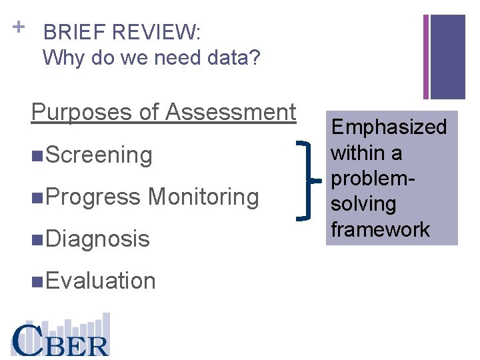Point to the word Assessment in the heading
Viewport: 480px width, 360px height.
[231, 112]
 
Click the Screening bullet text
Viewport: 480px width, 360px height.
[99, 155]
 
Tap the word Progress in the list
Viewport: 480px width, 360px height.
[93, 197]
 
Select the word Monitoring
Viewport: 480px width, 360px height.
[203, 197]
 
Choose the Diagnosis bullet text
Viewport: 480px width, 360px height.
[98, 239]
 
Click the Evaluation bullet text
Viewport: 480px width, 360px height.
[101, 281]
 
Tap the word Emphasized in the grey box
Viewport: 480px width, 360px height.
[389, 127]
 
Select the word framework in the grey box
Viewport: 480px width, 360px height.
[381, 230]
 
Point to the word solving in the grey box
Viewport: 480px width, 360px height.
[363, 205]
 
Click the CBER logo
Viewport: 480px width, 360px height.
[60, 337]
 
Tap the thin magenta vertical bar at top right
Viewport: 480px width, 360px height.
[426, 57]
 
